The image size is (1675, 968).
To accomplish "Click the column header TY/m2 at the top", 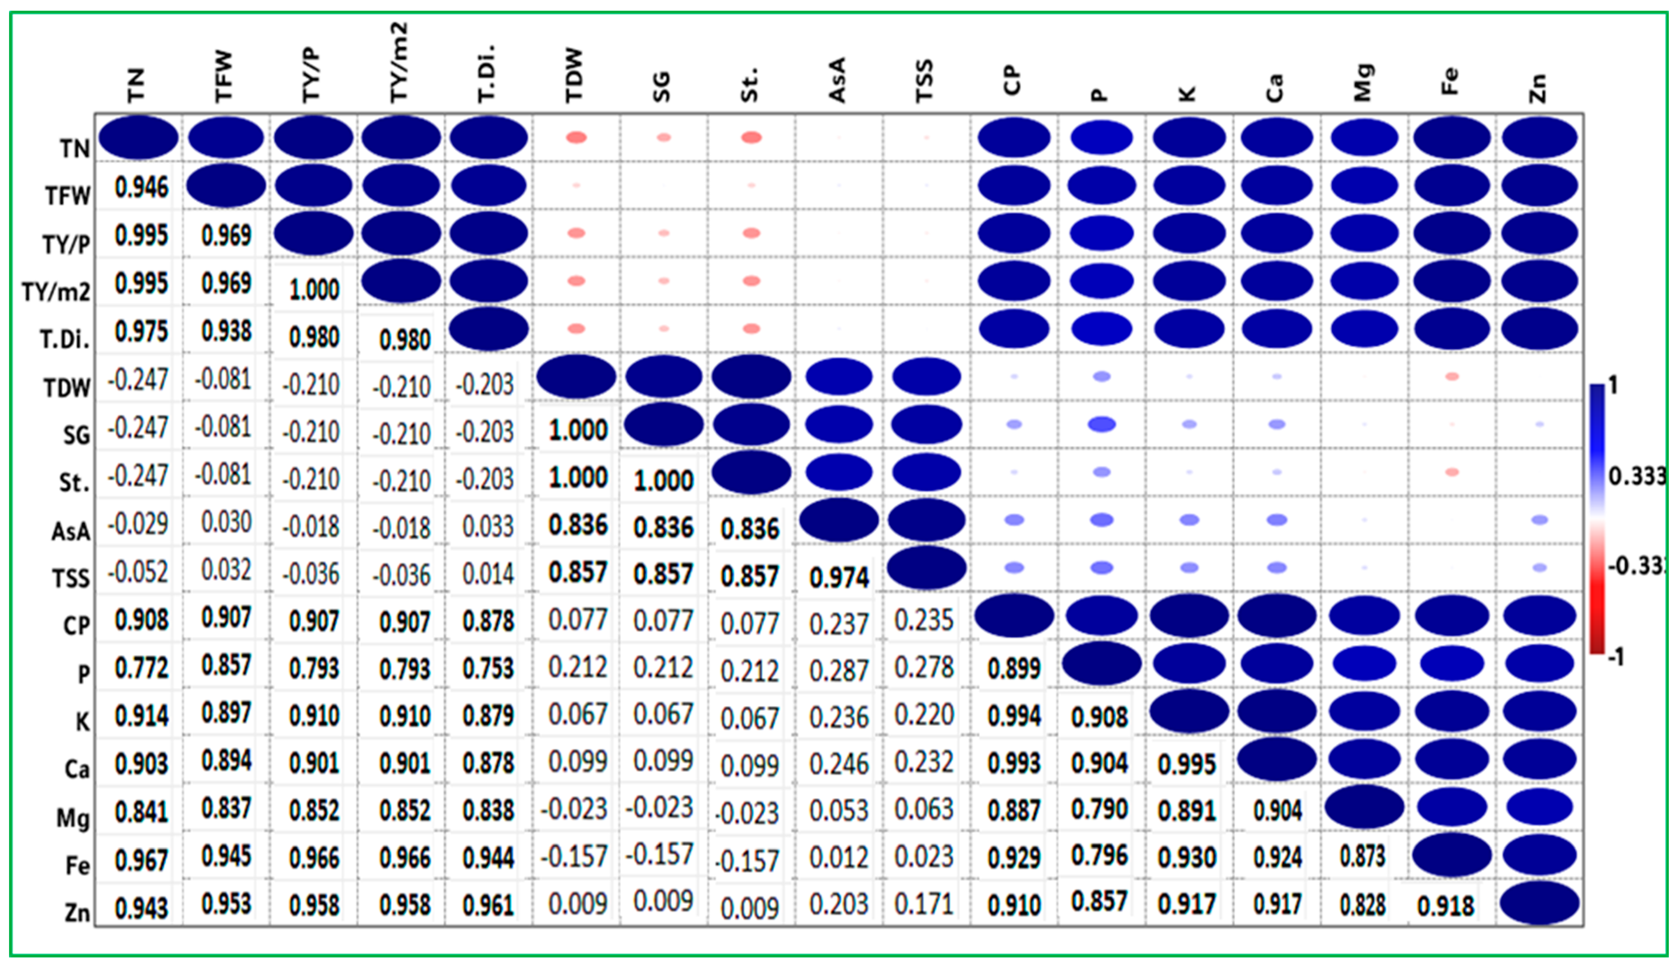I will (399, 63).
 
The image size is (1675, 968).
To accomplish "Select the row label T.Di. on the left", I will (65, 339).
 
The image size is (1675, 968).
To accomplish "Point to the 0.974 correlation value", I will (839, 577).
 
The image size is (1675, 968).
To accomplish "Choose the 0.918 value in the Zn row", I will (1446, 905).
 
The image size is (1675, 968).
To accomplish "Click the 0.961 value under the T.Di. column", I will (489, 905).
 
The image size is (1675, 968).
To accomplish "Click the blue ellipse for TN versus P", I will (1101, 137).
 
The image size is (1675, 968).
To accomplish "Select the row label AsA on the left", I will (70, 531).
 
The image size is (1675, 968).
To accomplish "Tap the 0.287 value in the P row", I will (839, 670).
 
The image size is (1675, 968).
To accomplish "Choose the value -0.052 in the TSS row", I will (138, 572).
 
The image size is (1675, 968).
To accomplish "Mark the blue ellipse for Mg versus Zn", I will (1539, 807).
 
